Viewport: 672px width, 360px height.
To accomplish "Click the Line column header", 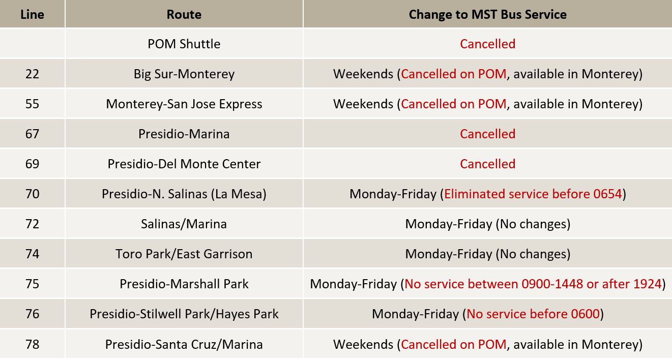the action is click(x=32, y=14).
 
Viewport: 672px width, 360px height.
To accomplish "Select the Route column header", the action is click(x=184, y=14).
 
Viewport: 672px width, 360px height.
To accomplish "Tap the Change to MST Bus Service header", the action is click(x=487, y=14).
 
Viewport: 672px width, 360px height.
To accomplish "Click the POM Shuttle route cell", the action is click(x=184, y=44).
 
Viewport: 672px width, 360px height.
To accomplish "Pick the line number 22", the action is click(x=32, y=74).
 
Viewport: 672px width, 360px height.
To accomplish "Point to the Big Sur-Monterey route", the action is click(x=184, y=74).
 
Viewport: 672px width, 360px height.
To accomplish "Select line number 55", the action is click(x=32, y=104).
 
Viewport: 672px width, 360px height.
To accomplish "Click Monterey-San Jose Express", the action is click(x=184, y=104).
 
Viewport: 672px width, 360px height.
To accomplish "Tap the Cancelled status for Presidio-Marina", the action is click(x=487, y=134).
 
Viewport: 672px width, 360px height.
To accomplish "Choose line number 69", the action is click(x=32, y=164).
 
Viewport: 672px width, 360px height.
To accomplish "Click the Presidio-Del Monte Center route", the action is click(x=184, y=164).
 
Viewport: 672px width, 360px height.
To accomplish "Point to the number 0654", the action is click(x=607, y=194).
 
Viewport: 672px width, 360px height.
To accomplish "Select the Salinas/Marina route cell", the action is click(x=184, y=224).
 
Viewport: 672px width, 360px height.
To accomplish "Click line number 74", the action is click(x=32, y=254).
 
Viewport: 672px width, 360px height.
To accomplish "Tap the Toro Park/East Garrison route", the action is click(x=184, y=254).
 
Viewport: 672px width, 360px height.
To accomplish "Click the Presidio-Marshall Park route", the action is click(x=184, y=284).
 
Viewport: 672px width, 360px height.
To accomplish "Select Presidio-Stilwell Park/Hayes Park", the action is click(x=184, y=314).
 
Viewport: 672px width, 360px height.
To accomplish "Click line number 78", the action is click(x=32, y=344).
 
